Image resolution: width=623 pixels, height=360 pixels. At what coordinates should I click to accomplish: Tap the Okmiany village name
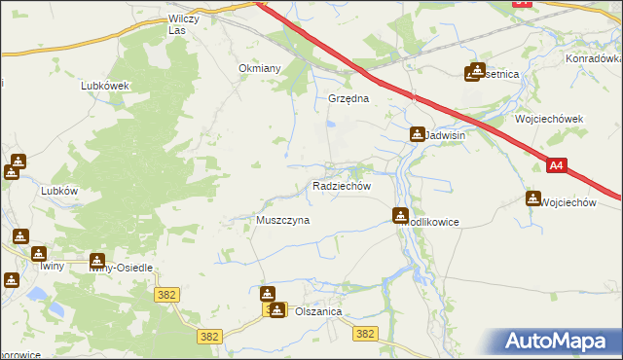260,68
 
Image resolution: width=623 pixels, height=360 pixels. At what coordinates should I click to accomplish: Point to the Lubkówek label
105,86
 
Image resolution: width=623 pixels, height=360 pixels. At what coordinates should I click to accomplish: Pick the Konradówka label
593,58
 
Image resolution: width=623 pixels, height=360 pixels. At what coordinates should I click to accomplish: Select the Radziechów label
341,185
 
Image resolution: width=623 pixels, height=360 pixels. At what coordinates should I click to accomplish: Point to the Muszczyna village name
282,221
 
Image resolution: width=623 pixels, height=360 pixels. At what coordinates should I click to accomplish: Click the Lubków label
59,191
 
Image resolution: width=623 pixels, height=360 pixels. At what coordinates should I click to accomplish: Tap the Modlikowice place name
433,222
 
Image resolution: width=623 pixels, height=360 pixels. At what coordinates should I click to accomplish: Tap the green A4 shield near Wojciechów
556,166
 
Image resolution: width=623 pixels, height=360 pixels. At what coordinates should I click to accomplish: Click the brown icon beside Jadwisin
418,134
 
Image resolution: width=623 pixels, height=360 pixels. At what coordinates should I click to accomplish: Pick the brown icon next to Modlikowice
400,215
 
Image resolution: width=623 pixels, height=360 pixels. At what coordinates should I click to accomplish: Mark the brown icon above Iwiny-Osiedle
96,260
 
